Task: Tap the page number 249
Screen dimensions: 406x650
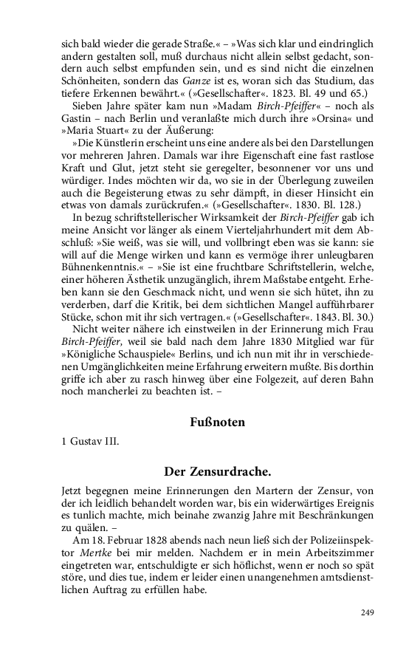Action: pos(368,612)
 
